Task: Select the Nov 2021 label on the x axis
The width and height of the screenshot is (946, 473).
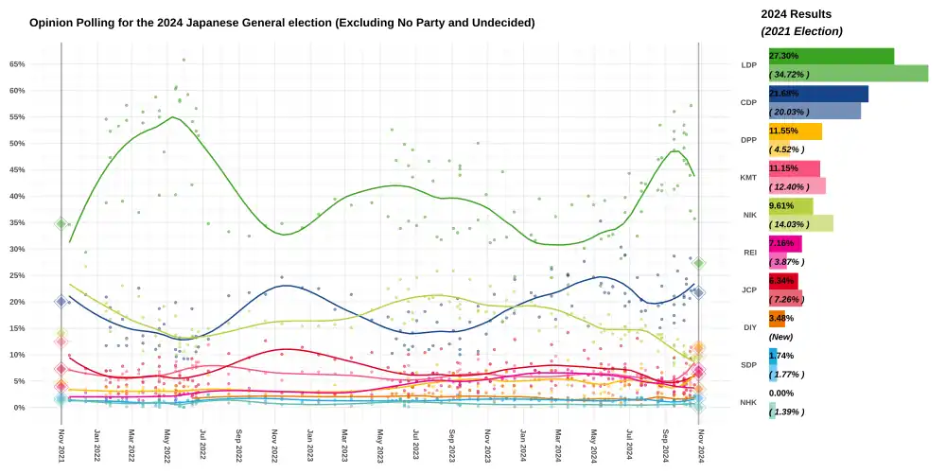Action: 61,445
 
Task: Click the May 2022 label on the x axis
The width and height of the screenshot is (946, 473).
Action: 167,445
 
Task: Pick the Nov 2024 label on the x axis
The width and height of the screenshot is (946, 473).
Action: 699,445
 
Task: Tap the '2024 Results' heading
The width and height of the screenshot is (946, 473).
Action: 797,14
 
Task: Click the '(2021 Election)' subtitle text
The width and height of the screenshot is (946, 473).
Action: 801,31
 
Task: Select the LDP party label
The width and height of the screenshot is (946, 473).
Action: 748,65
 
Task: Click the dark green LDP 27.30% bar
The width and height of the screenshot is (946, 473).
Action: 831,57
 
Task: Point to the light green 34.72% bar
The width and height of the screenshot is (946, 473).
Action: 848,74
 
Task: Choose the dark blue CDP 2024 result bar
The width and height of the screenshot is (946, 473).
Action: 818,94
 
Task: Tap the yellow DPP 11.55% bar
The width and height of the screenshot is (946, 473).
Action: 795,131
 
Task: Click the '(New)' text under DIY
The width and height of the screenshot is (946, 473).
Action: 780,337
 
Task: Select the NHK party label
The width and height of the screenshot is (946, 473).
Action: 748,402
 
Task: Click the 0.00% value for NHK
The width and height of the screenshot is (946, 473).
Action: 781,393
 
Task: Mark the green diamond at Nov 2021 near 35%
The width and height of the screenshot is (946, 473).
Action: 61,224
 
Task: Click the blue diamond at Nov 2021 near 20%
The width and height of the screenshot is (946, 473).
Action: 61,302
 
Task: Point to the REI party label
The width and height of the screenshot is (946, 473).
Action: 748,252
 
